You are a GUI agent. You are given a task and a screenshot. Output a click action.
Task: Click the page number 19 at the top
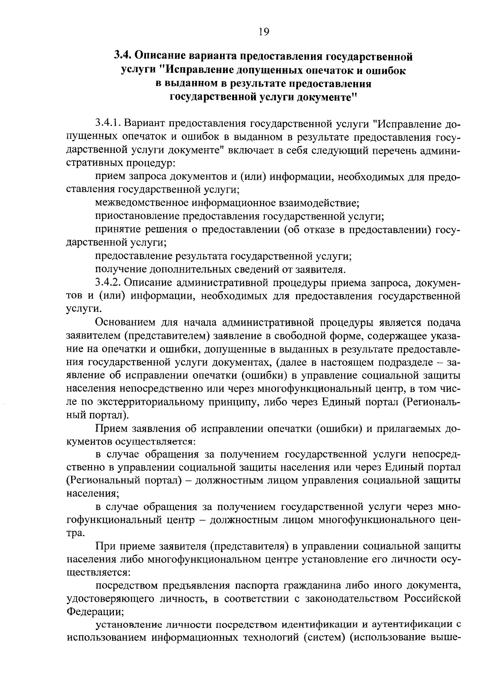point(264,32)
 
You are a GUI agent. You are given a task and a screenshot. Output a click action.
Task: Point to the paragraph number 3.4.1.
point(108,124)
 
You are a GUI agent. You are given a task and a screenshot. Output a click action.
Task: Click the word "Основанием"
point(125,323)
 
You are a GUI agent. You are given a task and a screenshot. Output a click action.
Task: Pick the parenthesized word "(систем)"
point(324,638)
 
